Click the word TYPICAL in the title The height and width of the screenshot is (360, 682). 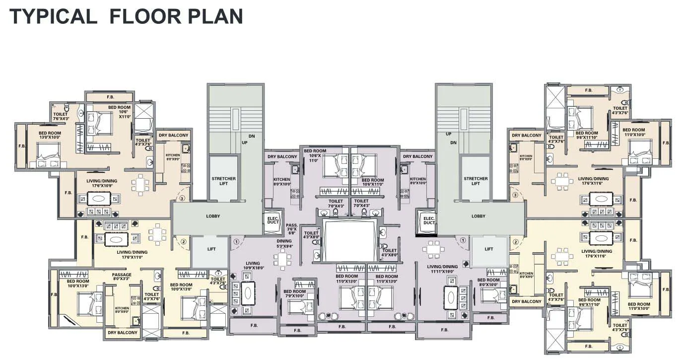coord(53,16)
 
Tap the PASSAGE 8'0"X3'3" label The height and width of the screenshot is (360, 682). coord(122,277)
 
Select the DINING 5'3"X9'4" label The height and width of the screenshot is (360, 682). coord(284,243)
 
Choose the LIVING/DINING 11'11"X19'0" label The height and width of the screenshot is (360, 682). coord(443,269)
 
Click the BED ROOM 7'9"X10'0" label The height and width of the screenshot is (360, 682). coord(295,294)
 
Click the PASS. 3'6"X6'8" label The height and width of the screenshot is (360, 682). coord(292,228)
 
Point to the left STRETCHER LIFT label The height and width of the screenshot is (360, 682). coord(223,181)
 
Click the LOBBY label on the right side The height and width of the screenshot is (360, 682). coord(478,216)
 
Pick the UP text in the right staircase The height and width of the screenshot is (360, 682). coord(448,134)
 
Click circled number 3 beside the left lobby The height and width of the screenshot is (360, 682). coord(182,198)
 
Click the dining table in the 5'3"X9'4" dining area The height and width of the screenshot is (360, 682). coord(282,259)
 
